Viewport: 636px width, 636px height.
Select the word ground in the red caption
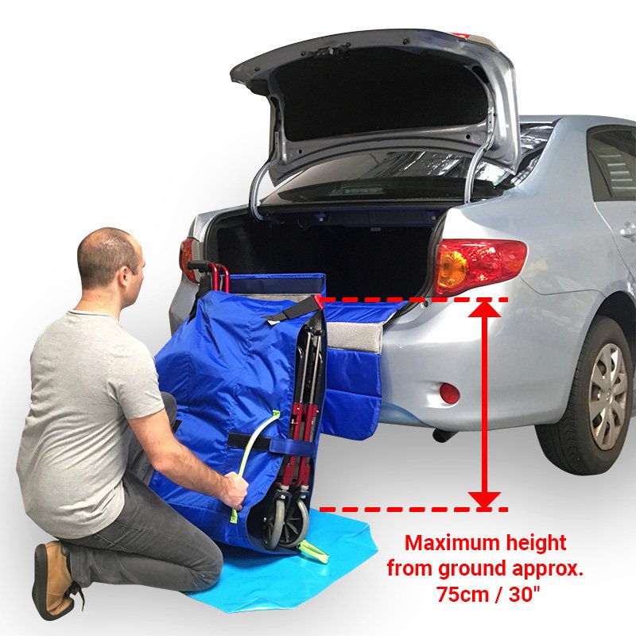coord(472,570)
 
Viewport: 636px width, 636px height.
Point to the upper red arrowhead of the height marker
coord(485,308)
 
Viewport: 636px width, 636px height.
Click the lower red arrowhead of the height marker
coord(485,500)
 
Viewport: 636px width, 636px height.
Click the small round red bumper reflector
coord(449,393)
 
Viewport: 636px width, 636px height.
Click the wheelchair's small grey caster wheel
coord(291,523)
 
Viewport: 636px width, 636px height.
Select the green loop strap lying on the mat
coord(312,551)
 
